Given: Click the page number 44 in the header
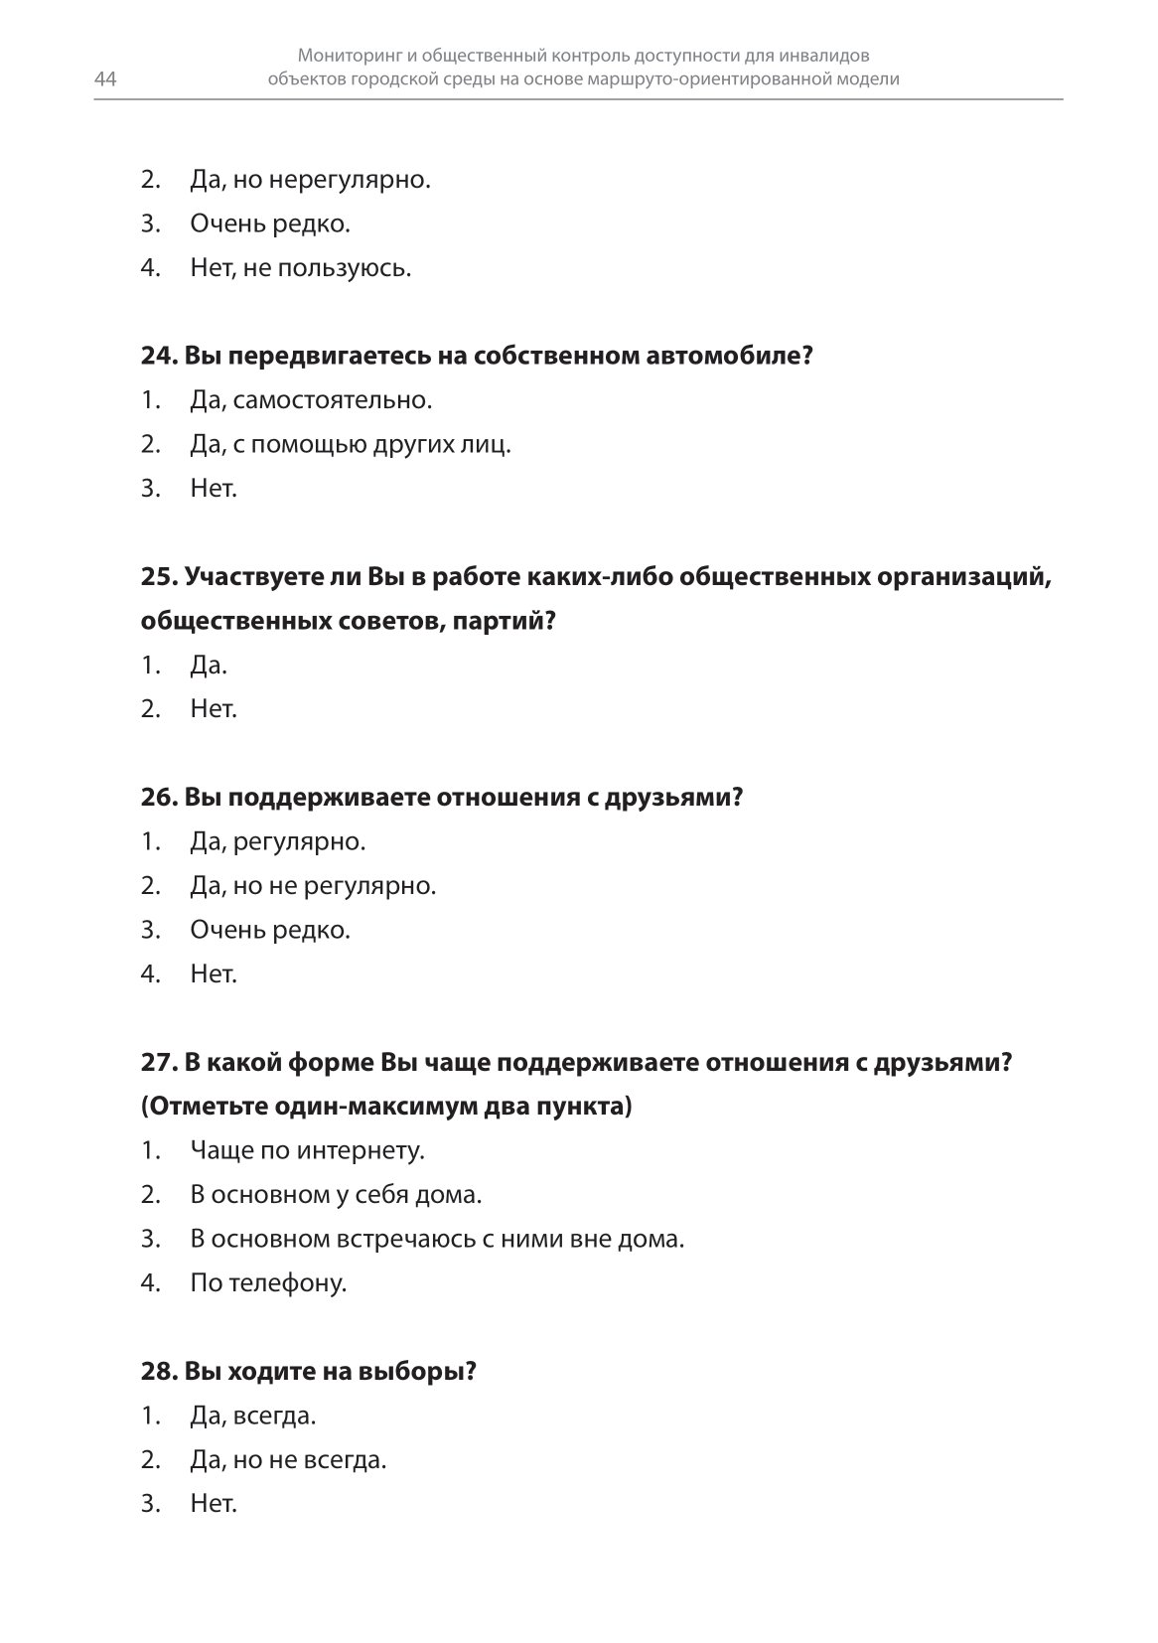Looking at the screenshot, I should (105, 80).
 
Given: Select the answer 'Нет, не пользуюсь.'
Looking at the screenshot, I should (300, 268).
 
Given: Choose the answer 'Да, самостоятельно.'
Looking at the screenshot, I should (311, 401).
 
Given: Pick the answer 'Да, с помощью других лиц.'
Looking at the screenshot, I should (350, 445).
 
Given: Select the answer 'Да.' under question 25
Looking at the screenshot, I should (209, 666).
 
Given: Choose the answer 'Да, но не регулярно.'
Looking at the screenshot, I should (313, 886).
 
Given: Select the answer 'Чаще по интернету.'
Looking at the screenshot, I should (307, 1151).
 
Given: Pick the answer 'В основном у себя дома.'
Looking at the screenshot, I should (336, 1195).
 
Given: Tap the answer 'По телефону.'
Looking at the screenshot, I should (268, 1283).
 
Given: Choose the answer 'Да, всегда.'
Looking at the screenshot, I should (253, 1416).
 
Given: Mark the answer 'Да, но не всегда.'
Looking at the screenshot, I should (288, 1460).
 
